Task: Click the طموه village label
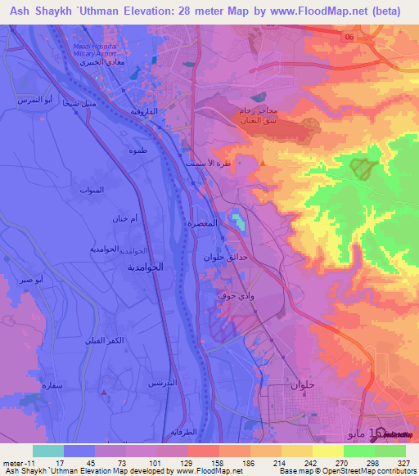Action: [137, 151]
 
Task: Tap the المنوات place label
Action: [92, 190]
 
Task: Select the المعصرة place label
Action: [202, 222]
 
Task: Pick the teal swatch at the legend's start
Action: [47, 451]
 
